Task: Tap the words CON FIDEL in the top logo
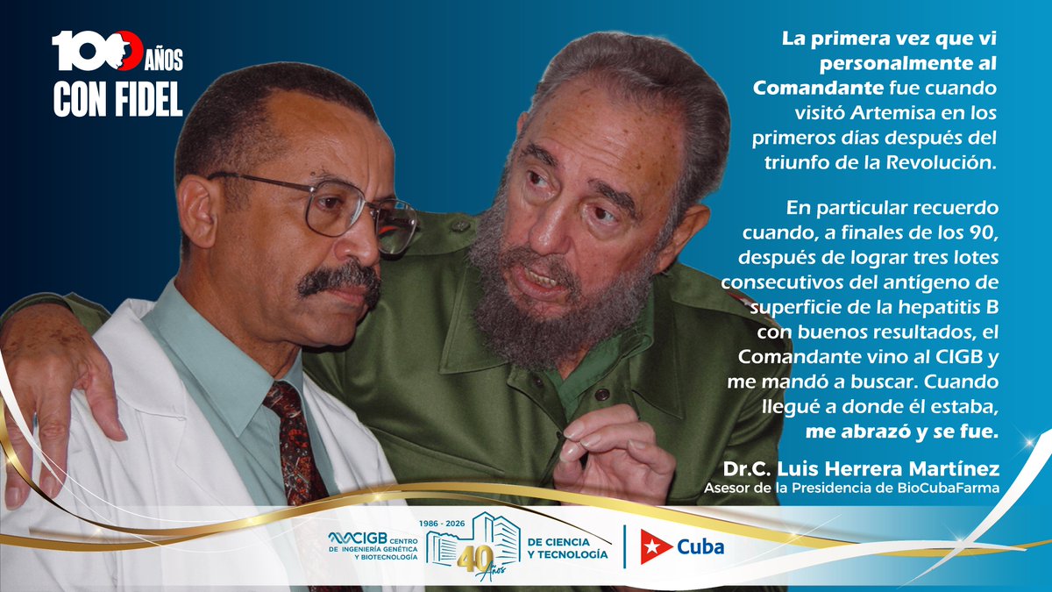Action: click(x=117, y=100)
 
